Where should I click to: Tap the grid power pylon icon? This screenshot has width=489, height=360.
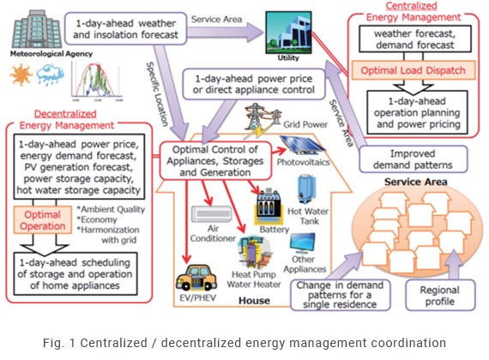pyautogui.click(x=255, y=117)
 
